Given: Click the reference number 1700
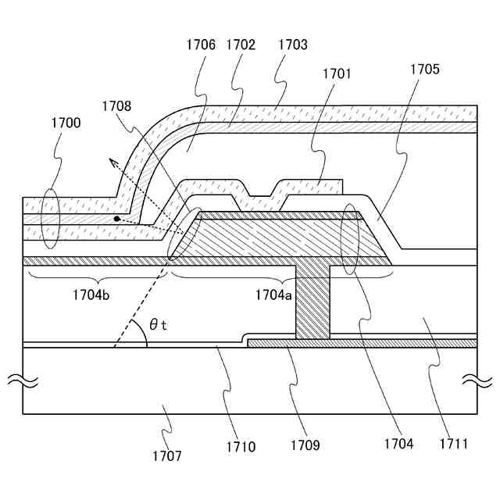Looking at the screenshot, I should (66, 123).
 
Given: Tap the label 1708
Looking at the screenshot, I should (116, 105).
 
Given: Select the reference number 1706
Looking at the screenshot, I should (201, 45).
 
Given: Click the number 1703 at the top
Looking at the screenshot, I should (292, 45).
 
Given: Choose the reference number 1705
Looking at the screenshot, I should (425, 69).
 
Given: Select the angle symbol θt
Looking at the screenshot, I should (158, 325).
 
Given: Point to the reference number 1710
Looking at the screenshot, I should (241, 448).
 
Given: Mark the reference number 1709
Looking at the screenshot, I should (304, 448).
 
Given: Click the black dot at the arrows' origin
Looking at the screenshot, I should (116, 219).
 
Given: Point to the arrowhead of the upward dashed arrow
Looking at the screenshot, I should (109, 161).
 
